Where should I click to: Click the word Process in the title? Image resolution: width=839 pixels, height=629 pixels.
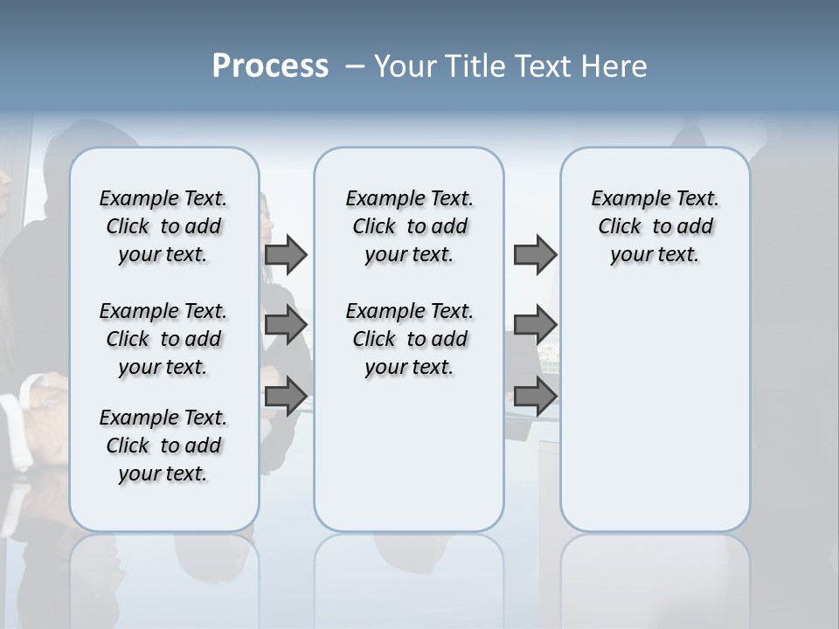click(270, 66)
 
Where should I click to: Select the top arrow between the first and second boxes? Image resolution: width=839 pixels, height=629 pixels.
click(286, 254)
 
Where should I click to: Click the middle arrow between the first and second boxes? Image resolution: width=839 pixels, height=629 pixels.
click(286, 325)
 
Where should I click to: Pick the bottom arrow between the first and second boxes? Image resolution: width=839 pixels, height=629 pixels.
click(286, 396)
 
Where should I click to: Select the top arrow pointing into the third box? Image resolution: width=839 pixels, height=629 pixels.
click(535, 254)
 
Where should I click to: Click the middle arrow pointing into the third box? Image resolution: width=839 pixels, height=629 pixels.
click(535, 325)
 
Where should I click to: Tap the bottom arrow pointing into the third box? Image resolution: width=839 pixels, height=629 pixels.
click(535, 396)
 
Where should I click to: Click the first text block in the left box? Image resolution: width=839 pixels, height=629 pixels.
click(163, 226)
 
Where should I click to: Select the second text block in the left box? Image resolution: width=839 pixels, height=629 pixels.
click(163, 339)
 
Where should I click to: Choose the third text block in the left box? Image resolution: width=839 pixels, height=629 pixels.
click(163, 446)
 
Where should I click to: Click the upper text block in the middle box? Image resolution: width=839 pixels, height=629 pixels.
click(409, 226)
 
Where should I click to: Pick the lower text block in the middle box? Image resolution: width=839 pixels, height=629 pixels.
click(409, 339)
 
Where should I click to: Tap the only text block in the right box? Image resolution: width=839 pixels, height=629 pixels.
click(655, 226)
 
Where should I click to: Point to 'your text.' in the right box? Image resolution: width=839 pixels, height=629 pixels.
click(655, 254)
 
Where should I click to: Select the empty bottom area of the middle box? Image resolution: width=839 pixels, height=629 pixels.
click(409, 463)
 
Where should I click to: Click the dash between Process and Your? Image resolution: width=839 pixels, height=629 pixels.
click(355, 66)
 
